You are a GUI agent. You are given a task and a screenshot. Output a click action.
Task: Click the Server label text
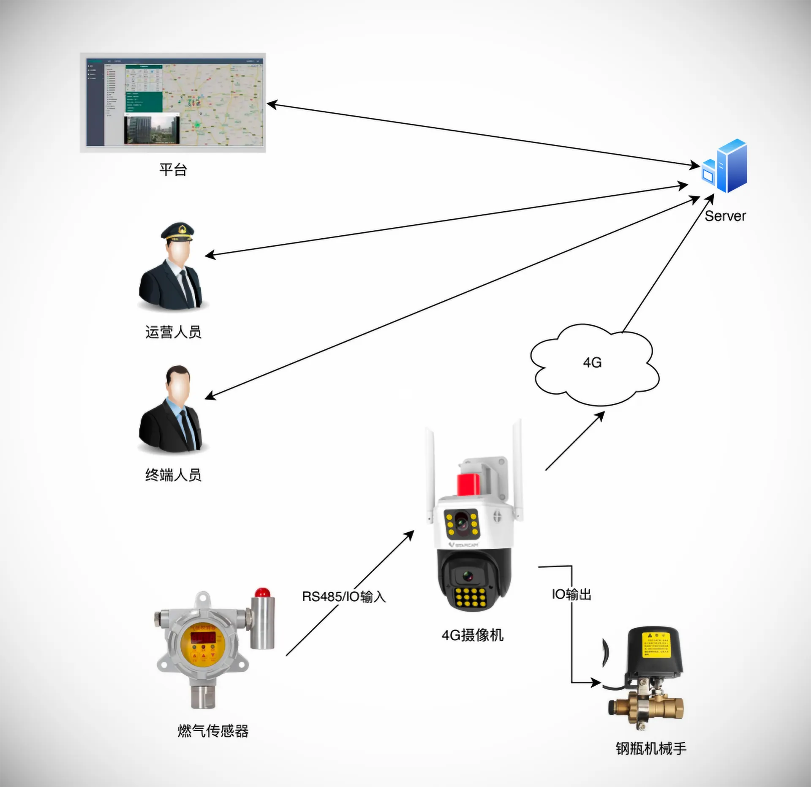point(725,216)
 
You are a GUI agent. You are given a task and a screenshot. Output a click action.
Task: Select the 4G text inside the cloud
point(592,362)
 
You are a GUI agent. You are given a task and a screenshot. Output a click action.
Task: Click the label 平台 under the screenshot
point(173,170)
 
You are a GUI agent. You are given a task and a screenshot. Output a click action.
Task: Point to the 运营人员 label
point(173,332)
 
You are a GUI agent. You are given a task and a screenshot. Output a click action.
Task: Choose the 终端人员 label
point(173,475)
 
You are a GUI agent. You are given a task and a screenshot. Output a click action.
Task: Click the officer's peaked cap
point(178,231)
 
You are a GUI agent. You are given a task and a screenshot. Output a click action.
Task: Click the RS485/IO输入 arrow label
point(344,596)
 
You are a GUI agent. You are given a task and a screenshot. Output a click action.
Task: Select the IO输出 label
point(571,594)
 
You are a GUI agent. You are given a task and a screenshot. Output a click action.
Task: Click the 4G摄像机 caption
point(472,635)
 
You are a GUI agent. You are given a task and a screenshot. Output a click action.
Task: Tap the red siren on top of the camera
point(469,484)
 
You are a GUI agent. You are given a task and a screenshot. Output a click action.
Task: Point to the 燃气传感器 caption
point(213,730)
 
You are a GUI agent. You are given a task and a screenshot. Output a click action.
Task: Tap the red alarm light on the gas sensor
point(263,592)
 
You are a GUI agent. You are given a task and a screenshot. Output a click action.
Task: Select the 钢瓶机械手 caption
point(651,749)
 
